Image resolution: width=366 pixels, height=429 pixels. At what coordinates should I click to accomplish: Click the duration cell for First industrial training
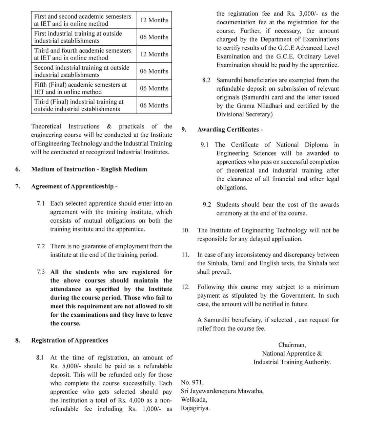click(x=154, y=37)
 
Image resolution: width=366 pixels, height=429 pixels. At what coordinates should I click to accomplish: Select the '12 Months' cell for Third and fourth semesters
click(x=154, y=54)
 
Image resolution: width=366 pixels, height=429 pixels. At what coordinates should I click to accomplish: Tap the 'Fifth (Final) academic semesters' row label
click(x=81, y=88)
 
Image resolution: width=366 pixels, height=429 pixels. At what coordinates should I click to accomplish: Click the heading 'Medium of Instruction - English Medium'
click(x=89, y=169)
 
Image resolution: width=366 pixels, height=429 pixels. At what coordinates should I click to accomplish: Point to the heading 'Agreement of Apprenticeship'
click(x=74, y=186)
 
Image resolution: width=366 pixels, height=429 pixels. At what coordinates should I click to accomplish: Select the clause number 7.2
click(x=41, y=246)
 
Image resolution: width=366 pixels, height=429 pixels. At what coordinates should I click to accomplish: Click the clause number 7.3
click(x=41, y=272)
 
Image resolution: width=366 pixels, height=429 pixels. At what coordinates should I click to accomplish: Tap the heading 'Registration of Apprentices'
click(x=70, y=340)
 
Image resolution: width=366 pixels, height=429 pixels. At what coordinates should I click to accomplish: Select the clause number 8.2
click(x=206, y=80)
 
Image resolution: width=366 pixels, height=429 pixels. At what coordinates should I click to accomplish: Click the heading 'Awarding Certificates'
click(x=230, y=130)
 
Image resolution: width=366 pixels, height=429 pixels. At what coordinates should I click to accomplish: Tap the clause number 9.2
click(x=207, y=205)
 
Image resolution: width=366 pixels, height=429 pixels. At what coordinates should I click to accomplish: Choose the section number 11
click(x=185, y=255)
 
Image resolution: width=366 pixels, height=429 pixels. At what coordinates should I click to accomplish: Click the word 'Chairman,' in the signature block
click(x=292, y=345)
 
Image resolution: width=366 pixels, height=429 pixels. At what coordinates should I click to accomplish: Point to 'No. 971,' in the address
click(x=192, y=383)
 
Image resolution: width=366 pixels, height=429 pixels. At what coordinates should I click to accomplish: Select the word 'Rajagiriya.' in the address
click(x=195, y=408)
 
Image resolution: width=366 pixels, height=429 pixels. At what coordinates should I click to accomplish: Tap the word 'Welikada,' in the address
click(x=194, y=400)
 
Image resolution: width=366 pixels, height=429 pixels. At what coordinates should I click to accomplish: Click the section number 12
click(x=185, y=287)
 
